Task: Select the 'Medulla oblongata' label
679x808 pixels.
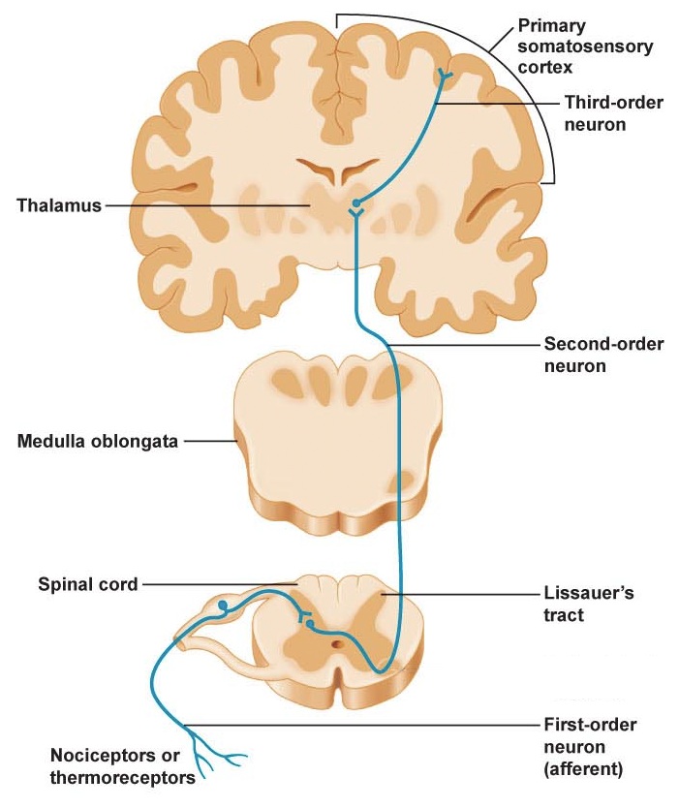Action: pyautogui.click(x=98, y=442)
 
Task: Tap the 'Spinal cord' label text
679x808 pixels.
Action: pyautogui.click(x=87, y=583)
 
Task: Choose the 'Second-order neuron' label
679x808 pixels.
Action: pyautogui.click(x=603, y=355)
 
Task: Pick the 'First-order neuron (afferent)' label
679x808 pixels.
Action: pyautogui.click(x=589, y=748)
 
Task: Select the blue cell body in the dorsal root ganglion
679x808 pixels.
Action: pyautogui.click(x=224, y=607)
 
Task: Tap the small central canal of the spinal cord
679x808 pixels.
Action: pyautogui.click(x=337, y=642)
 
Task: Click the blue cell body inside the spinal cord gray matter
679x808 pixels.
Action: pyautogui.click(x=309, y=625)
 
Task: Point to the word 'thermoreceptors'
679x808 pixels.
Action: pyautogui.click(x=137, y=775)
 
